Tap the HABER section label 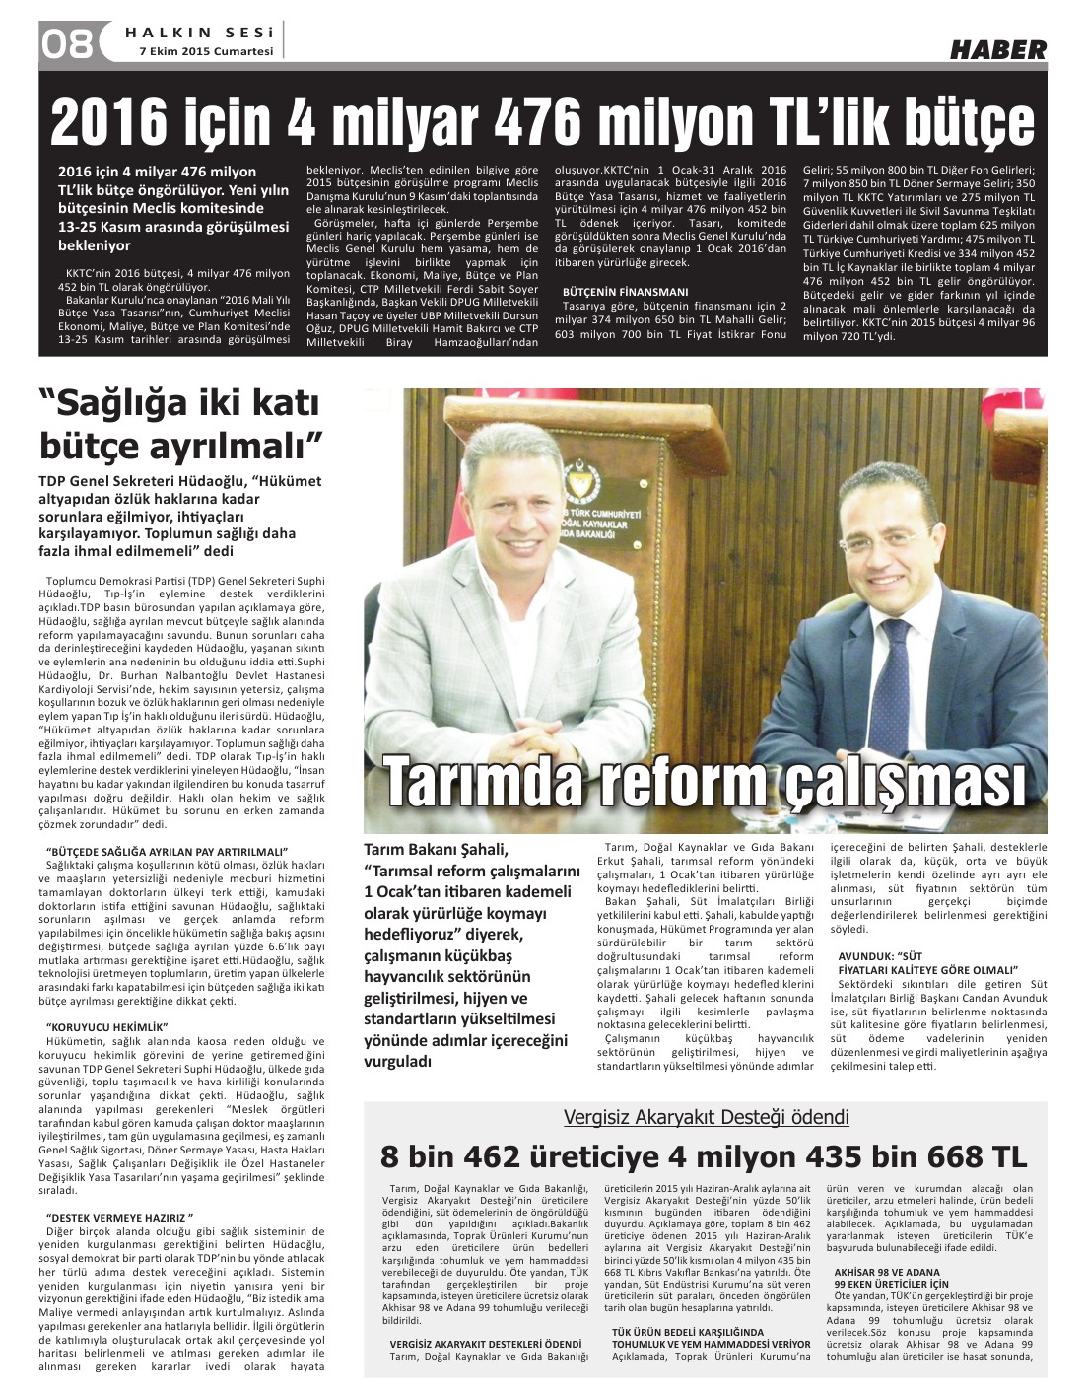[997, 49]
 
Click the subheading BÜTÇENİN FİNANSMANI [625, 292]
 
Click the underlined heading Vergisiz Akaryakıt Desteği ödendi [706, 1117]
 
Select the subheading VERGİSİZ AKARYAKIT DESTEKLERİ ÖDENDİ [486, 1344]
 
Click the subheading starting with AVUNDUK [926, 963]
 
